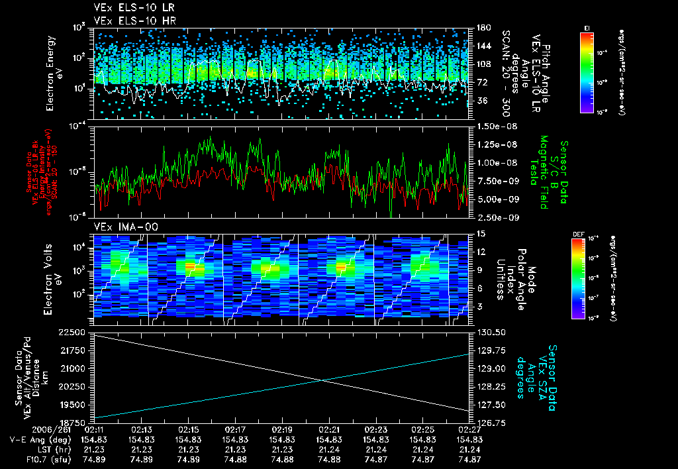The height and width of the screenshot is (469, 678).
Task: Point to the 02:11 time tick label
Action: tap(96, 429)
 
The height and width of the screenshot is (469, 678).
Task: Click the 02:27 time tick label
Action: tap(469, 429)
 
